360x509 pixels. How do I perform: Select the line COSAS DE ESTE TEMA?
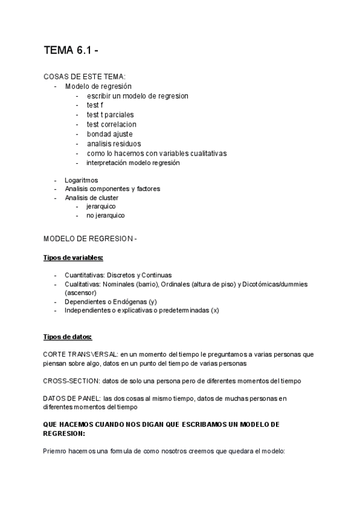click(x=85, y=77)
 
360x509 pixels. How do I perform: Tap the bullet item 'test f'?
click(x=95, y=105)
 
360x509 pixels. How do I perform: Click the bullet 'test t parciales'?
click(x=110, y=115)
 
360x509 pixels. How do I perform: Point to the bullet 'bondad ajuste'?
click(x=110, y=134)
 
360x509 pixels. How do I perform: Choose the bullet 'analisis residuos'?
click(x=114, y=143)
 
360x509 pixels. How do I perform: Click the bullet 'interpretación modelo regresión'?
click(x=133, y=163)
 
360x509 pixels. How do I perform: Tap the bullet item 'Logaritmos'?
click(x=81, y=180)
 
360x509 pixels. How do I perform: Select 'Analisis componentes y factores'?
click(x=112, y=188)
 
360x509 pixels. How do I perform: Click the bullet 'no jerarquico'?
click(x=106, y=215)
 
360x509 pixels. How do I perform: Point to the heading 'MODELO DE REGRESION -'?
click(x=91, y=239)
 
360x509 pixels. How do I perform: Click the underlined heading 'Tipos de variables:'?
click(x=73, y=258)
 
